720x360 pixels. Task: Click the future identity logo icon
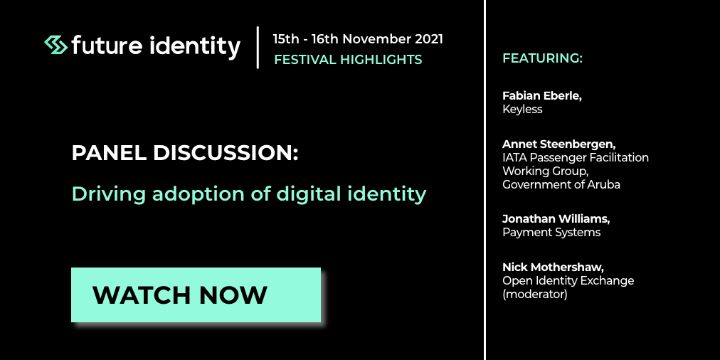tap(56, 45)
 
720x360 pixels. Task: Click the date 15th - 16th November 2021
tap(358, 39)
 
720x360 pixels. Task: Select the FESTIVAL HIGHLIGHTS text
tap(348, 60)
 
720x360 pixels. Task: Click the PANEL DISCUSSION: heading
tap(185, 153)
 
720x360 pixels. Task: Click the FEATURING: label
tap(542, 58)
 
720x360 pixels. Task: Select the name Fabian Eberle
tap(542, 97)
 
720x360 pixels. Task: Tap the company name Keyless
tap(522, 110)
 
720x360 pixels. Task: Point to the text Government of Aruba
tap(561, 184)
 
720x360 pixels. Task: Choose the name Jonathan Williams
tap(556, 219)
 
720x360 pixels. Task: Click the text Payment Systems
tap(551, 233)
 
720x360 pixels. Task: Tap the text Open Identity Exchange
tap(568, 280)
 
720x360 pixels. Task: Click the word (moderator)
tap(535, 295)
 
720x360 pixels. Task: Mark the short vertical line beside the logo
tap(258, 47)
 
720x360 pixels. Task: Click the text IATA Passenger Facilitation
tap(576, 158)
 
